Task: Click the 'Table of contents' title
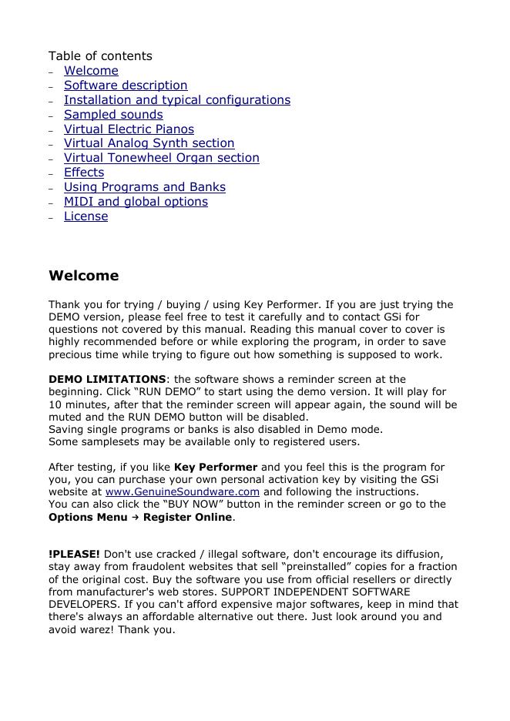(x=100, y=56)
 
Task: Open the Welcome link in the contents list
(x=91, y=71)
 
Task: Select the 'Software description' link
(x=126, y=86)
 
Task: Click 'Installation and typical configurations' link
(x=177, y=100)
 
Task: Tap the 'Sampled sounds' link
(x=113, y=115)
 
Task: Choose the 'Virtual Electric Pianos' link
(x=129, y=129)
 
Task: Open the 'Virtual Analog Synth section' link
(x=149, y=143)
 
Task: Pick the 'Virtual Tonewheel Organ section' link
(x=161, y=158)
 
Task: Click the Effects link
(x=84, y=173)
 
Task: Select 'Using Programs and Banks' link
(x=145, y=187)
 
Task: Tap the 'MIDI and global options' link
(x=136, y=202)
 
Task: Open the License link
(x=86, y=216)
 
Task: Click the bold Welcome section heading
(x=84, y=276)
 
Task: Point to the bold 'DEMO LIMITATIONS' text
(x=107, y=379)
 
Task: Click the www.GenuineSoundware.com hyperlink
(x=182, y=491)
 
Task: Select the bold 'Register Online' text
(x=187, y=517)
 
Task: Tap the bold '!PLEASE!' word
(x=74, y=554)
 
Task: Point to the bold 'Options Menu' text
(x=88, y=517)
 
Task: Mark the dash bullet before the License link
(x=51, y=217)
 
